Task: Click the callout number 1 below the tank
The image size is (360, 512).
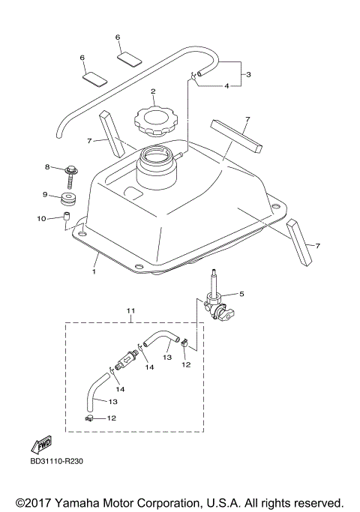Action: click(x=94, y=272)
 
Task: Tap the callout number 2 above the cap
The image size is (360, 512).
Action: click(x=152, y=92)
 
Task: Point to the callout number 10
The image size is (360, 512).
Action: click(x=42, y=218)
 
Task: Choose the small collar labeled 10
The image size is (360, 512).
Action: click(x=66, y=218)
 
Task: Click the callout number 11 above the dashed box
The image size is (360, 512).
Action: click(x=130, y=310)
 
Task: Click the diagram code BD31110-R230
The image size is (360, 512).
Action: click(x=57, y=461)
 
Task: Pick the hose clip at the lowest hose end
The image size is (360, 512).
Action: click(x=88, y=418)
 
